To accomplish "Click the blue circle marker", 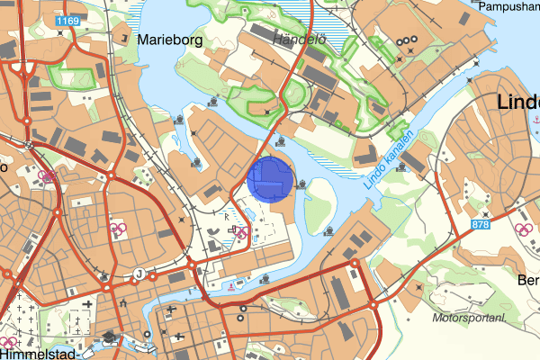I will pyautogui.click(x=269, y=178).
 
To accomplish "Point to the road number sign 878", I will pyautogui.click(x=481, y=223).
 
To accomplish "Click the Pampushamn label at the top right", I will pyautogui.click(x=508, y=5).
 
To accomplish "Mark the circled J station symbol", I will pyautogui.click(x=139, y=274).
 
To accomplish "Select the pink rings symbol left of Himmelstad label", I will pyautogui.click(x=9, y=343).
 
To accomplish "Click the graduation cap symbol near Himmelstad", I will pyautogui.click(x=109, y=338).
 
